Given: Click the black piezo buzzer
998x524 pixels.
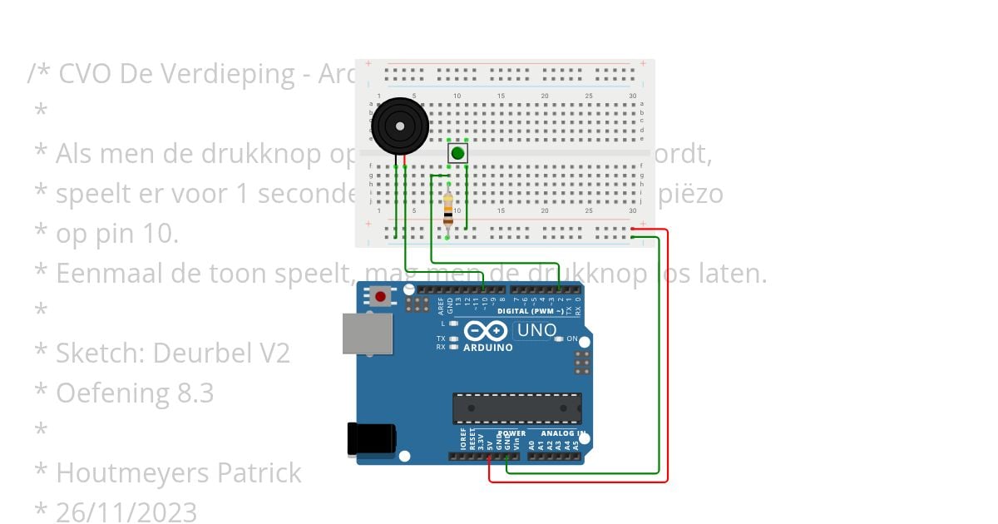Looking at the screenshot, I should (x=400, y=126).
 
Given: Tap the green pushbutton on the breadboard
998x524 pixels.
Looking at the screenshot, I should (x=457, y=153).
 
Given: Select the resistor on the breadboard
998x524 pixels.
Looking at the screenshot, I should (x=448, y=209).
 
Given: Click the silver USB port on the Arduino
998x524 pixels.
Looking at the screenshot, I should (x=367, y=333).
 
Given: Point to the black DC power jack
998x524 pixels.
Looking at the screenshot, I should (x=370, y=439).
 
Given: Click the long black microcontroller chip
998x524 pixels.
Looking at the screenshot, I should (x=516, y=408).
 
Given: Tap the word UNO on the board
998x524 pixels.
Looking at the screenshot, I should (x=536, y=330).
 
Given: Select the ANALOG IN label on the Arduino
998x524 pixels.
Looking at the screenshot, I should (x=562, y=433).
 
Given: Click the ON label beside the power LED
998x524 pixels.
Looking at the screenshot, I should (x=572, y=339).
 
